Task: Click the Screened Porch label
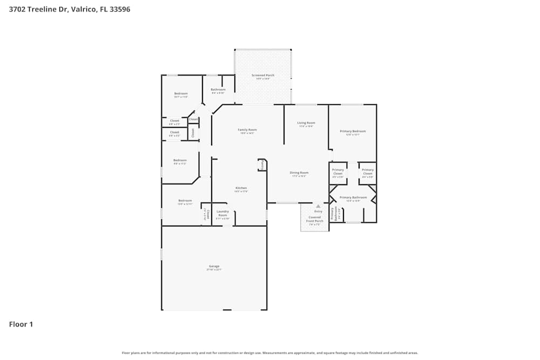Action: click(x=263, y=76)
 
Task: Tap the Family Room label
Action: click(x=247, y=130)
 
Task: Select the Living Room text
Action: click(x=306, y=123)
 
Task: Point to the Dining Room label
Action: click(x=299, y=173)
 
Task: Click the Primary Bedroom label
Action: click(x=353, y=131)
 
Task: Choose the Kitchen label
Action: click(x=241, y=188)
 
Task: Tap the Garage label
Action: click(x=214, y=266)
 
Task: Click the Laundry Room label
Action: click(x=222, y=213)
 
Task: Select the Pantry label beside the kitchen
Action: click(x=262, y=165)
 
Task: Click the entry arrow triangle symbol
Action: click(x=318, y=206)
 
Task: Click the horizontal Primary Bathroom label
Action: click(x=353, y=198)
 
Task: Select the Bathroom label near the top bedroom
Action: click(x=218, y=90)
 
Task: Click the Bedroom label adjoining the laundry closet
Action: click(x=185, y=201)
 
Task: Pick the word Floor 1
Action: click(x=21, y=324)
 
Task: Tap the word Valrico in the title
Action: click(x=84, y=9)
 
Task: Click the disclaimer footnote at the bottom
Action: click(x=270, y=352)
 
